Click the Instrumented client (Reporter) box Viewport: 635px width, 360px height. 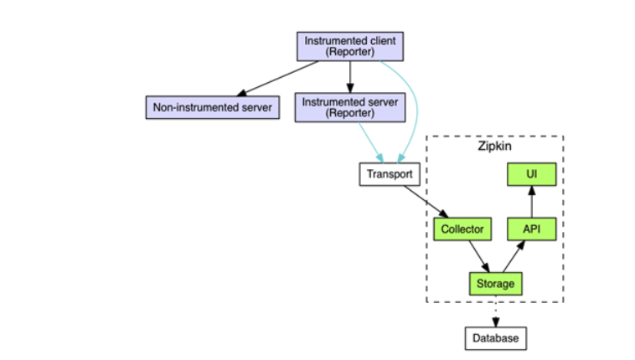[350, 46]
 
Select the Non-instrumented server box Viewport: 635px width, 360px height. [212, 107]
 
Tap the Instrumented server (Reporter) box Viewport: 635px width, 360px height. [350, 107]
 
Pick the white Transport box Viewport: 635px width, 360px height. [390, 175]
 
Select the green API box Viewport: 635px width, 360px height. [531, 229]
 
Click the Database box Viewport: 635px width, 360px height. [496, 338]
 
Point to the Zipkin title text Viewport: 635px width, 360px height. [494, 147]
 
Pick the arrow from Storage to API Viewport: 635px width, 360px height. [513, 255]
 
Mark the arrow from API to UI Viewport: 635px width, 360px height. [531, 202]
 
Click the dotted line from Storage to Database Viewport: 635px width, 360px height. [495, 310]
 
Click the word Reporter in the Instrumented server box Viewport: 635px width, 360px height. [350, 113]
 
